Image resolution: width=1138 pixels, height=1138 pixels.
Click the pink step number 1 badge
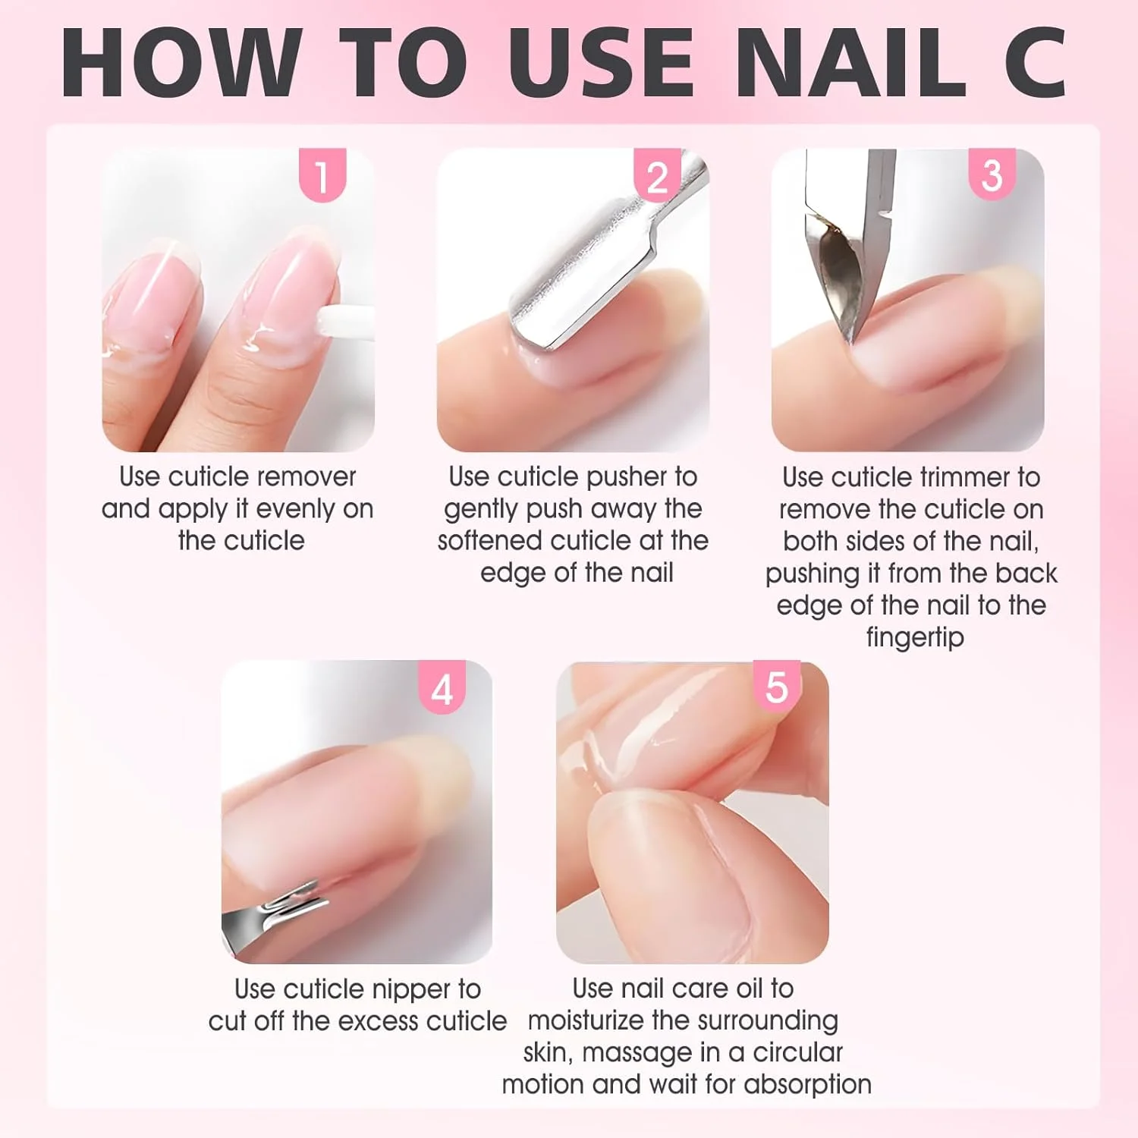[322, 175]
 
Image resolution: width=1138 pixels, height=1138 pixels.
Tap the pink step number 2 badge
[658, 175]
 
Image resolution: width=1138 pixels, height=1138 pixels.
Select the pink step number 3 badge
[992, 175]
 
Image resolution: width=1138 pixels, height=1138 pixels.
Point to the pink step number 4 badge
[442, 687]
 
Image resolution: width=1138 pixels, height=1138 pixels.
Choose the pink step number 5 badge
[777, 687]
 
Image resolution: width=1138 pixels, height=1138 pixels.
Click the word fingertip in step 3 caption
[915, 637]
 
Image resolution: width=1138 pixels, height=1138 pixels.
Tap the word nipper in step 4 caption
[412, 990]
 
